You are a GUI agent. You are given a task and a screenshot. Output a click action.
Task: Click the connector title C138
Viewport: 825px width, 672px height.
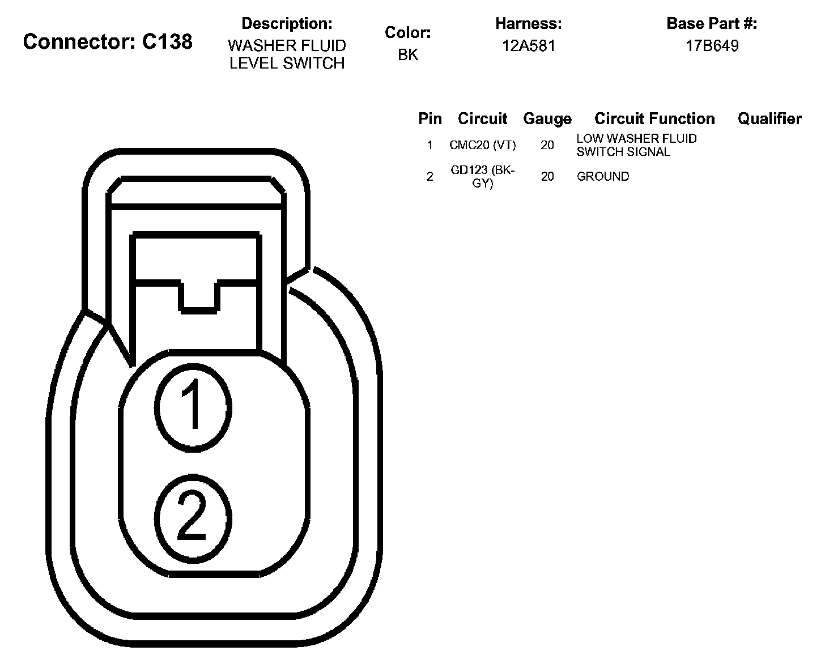point(108,41)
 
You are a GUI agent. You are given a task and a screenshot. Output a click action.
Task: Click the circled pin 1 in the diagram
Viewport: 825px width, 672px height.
point(193,406)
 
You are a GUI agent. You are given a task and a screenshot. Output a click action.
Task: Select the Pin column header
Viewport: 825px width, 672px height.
point(430,118)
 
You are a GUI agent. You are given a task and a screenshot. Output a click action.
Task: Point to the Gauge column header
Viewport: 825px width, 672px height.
point(547,118)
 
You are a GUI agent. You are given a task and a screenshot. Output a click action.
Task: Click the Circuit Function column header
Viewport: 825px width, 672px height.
point(654,118)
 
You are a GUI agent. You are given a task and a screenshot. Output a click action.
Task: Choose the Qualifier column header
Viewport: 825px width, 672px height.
point(769,118)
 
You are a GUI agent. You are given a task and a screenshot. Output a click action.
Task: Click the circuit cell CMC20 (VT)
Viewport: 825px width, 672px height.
point(483,145)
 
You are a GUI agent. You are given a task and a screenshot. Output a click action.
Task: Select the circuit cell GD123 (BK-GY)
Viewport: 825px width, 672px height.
point(483,176)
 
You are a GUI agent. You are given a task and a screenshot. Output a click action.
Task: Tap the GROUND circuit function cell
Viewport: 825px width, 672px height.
point(603,176)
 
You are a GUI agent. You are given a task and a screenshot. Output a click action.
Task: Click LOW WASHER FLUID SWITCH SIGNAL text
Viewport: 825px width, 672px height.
point(636,145)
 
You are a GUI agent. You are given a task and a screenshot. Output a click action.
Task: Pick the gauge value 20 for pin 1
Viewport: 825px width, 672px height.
point(547,145)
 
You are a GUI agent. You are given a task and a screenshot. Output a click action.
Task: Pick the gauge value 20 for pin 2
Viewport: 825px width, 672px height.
point(547,176)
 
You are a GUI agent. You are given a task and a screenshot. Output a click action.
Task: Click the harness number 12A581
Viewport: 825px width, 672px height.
point(529,45)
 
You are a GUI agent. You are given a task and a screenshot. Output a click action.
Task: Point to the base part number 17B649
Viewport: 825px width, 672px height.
point(712,45)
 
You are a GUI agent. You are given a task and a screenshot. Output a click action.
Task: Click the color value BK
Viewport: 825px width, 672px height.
point(408,54)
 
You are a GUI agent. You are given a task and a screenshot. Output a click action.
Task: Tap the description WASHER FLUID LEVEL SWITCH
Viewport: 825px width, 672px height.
point(287,54)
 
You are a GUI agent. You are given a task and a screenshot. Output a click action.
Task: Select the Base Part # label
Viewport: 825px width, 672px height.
point(712,23)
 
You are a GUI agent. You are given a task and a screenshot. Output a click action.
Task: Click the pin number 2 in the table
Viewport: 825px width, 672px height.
point(430,176)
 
